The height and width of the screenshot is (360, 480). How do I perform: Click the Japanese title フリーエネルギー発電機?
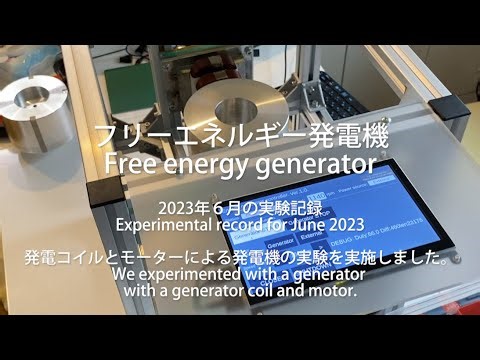[x=240, y=133]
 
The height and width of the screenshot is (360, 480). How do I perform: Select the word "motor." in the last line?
[x=332, y=291]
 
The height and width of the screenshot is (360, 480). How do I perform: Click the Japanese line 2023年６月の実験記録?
[x=240, y=207]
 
